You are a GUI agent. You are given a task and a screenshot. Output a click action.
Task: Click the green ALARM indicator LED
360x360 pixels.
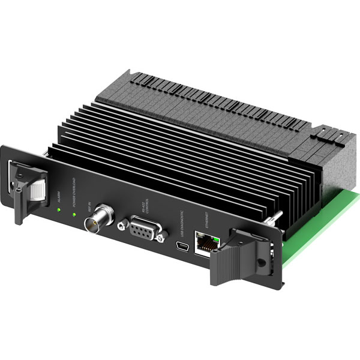pyautogui.click(x=59, y=209)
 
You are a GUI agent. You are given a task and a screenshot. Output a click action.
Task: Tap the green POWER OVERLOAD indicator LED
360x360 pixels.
pyautogui.click(x=74, y=214)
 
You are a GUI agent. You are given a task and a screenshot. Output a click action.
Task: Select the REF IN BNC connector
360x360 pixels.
pyautogui.click(x=96, y=224)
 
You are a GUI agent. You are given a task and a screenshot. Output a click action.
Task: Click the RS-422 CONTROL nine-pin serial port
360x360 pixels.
pyautogui.click(x=143, y=230)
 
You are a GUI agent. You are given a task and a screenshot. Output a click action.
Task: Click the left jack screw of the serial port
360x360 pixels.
pyautogui.click(x=123, y=225)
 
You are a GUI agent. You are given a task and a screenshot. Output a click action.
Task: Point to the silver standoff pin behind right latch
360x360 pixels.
pyautogui.click(x=277, y=215)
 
